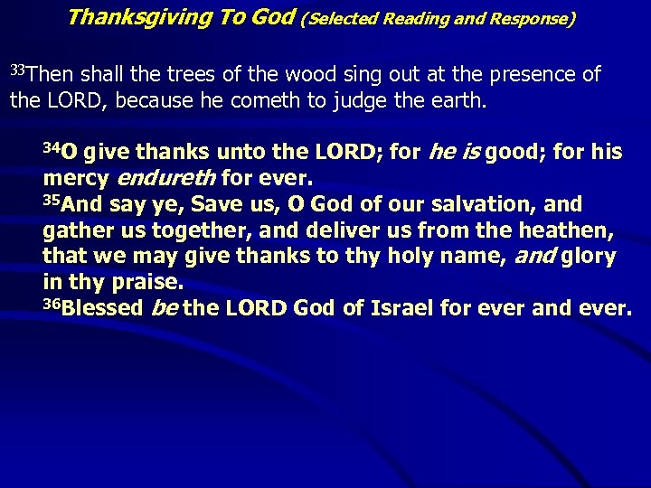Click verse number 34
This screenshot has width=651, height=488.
tap(52, 146)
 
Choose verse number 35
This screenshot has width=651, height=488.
tap(52, 199)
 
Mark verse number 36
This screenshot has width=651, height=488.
tap(52, 303)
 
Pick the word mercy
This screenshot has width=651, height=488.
tap(75, 178)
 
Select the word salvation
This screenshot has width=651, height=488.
tap(485, 204)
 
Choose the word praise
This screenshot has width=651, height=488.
tap(147, 283)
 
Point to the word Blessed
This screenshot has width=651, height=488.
tap(104, 308)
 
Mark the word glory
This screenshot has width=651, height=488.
tap(589, 257)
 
